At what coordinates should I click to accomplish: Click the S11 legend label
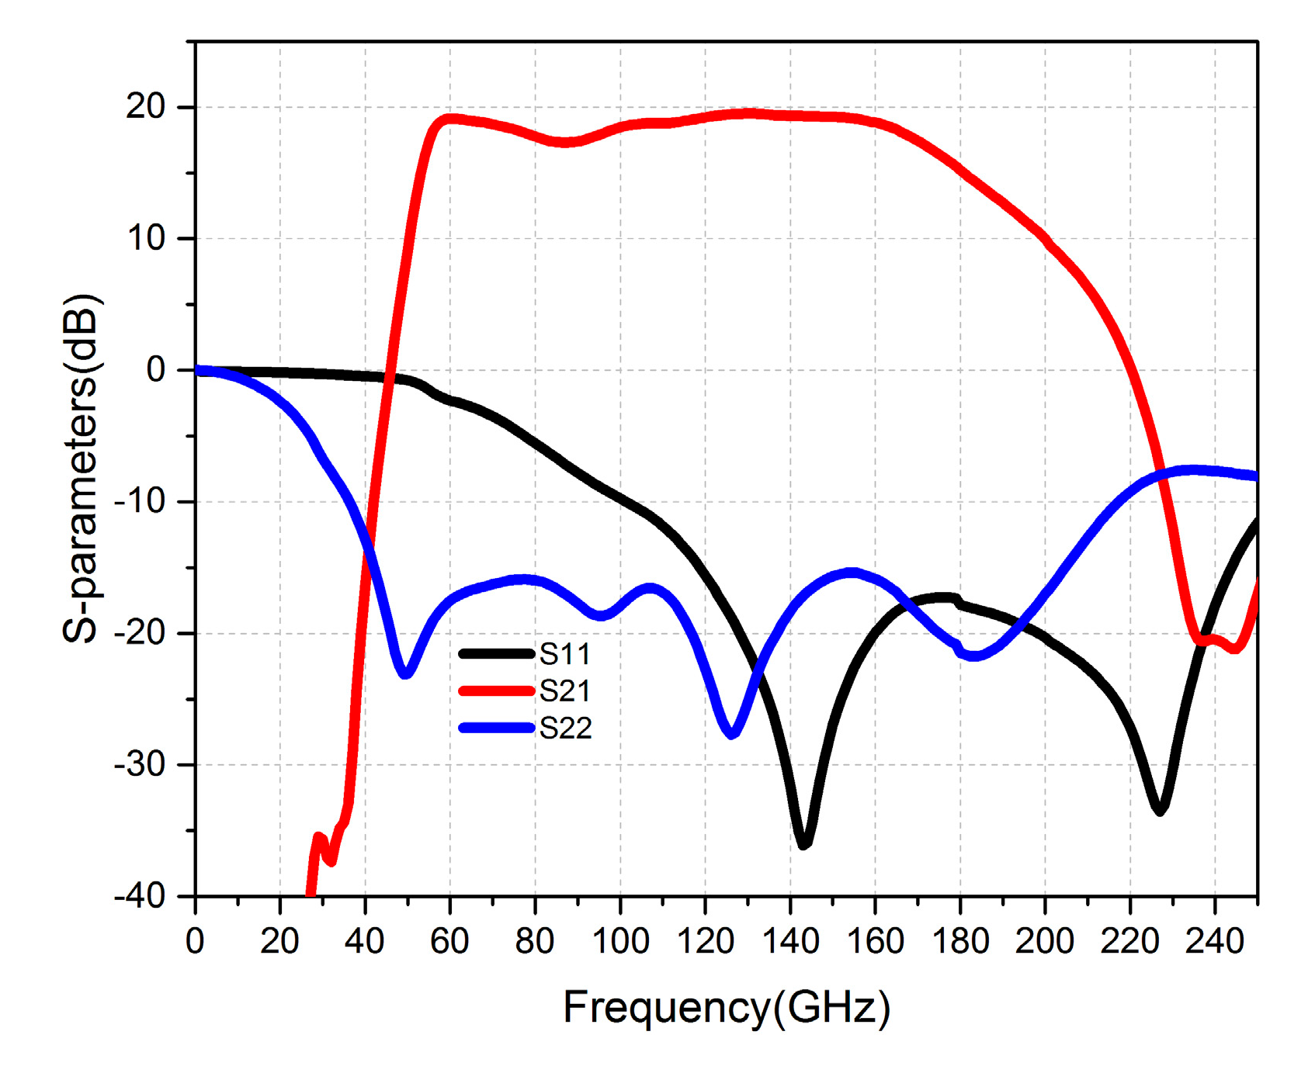[565, 655]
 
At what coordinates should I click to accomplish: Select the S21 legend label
[565, 691]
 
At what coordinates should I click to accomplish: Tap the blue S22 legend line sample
[497, 728]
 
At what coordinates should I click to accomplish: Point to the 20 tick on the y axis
[147, 107]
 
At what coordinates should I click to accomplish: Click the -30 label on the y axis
[141, 765]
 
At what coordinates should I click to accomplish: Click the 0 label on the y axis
[157, 370]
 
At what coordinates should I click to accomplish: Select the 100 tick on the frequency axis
[620, 942]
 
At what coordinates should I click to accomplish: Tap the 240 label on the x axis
[1215, 942]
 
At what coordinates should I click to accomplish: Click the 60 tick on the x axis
[450, 942]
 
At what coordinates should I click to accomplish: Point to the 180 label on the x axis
[960, 942]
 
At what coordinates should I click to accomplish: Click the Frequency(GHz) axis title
[726, 1008]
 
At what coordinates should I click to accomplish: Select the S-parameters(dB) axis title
[81, 469]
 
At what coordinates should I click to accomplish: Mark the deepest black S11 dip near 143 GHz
[803, 844]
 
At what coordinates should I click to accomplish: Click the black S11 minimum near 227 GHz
[1160, 810]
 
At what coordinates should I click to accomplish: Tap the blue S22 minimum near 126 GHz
[731, 733]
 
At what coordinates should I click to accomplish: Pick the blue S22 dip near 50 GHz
[405, 673]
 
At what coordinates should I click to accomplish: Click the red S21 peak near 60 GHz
[450, 119]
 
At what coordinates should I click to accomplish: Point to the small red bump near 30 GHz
[319, 837]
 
